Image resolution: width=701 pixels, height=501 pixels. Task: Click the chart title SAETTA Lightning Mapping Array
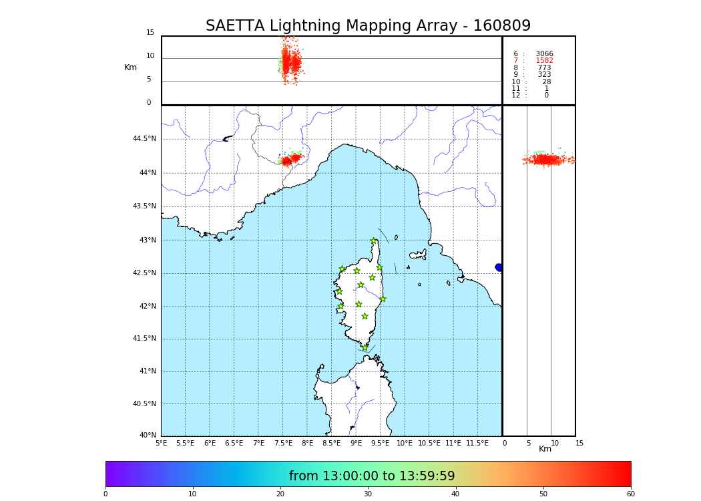[x=368, y=26]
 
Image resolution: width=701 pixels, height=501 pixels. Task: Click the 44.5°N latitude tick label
[x=144, y=139]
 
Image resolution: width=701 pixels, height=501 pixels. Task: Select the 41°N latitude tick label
[x=147, y=371]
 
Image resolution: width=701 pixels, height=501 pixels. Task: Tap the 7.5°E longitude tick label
[x=283, y=444]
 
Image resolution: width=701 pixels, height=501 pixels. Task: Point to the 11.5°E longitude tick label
[x=477, y=444]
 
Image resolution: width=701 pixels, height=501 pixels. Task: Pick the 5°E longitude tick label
[x=162, y=444]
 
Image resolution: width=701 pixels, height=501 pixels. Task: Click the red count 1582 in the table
[x=544, y=61]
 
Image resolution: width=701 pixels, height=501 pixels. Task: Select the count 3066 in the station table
[x=544, y=54]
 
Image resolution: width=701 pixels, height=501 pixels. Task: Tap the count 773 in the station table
[x=544, y=68]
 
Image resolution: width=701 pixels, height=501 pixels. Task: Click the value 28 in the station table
[x=547, y=82]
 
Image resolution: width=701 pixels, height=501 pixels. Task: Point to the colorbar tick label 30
[x=368, y=494]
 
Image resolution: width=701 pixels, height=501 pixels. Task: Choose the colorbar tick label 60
[x=630, y=494]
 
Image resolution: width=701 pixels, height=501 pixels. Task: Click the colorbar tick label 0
[x=105, y=494]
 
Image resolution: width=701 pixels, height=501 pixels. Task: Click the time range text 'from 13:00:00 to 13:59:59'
[x=372, y=476]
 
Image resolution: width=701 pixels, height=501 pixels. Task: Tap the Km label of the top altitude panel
[x=131, y=67]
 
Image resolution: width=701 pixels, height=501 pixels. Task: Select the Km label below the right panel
[x=545, y=449]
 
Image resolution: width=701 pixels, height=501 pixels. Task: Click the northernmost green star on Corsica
[x=374, y=241]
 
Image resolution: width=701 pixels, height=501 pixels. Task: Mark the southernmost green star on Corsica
[x=365, y=347]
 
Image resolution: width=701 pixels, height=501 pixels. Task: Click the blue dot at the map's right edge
[x=499, y=267]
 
